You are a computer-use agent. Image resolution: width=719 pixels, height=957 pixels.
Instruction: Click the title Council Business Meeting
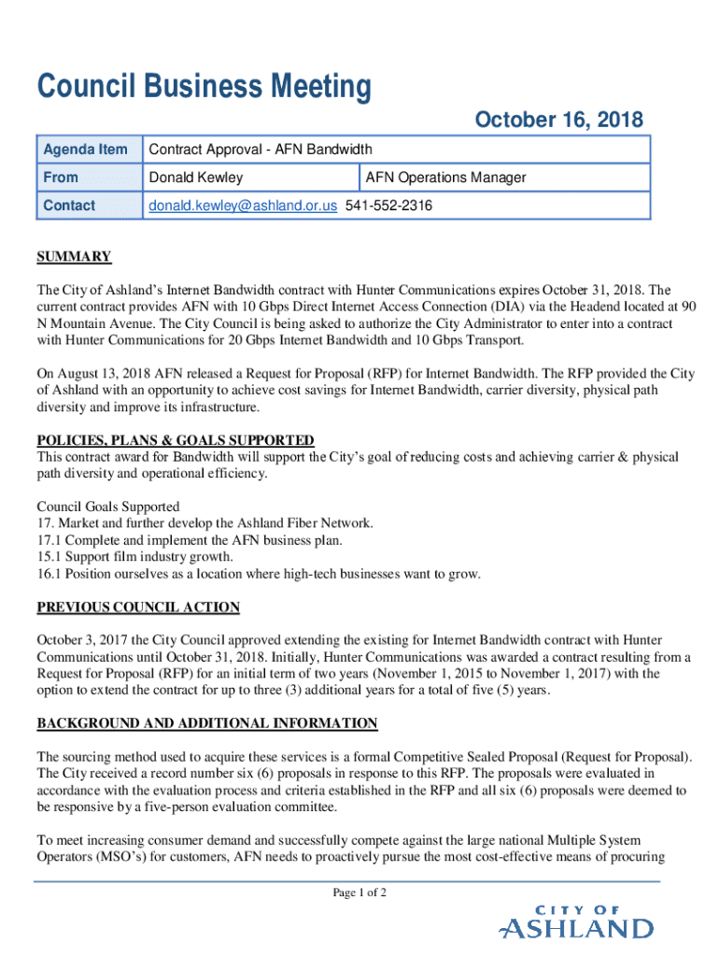click(204, 88)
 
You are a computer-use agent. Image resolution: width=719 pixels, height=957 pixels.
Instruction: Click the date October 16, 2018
click(558, 120)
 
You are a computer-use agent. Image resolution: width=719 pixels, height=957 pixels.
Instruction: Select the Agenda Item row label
click(85, 150)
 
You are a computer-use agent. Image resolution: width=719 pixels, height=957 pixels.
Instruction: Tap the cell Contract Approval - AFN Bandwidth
click(261, 150)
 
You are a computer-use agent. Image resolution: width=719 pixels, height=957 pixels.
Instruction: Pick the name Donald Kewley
click(196, 178)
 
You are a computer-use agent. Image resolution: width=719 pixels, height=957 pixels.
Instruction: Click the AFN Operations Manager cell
click(445, 178)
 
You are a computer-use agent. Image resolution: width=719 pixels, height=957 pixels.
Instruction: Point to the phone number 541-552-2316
click(388, 206)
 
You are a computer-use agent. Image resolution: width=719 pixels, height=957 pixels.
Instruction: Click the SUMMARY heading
click(74, 257)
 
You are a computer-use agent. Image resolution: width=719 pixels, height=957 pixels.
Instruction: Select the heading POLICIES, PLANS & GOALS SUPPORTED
click(176, 441)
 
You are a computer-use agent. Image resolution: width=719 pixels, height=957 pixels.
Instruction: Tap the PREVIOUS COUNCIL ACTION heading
click(138, 607)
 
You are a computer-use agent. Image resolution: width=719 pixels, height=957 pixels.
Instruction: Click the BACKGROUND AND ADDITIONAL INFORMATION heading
click(207, 723)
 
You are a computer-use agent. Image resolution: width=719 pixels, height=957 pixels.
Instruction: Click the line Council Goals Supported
click(107, 507)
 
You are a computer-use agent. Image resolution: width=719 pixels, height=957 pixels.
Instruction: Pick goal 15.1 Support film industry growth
click(134, 557)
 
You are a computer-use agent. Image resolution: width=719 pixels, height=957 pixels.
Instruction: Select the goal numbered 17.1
click(190, 540)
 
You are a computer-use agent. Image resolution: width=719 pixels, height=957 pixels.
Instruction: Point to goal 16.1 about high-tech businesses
click(259, 574)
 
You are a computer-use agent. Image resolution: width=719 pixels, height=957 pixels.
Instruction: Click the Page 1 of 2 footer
click(359, 893)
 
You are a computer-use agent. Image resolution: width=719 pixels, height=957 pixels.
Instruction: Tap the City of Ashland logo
click(576, 921)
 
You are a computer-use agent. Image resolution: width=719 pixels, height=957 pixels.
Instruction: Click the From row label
click(60, 178)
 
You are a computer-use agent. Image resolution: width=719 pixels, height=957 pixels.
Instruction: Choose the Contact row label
click(68, 206)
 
